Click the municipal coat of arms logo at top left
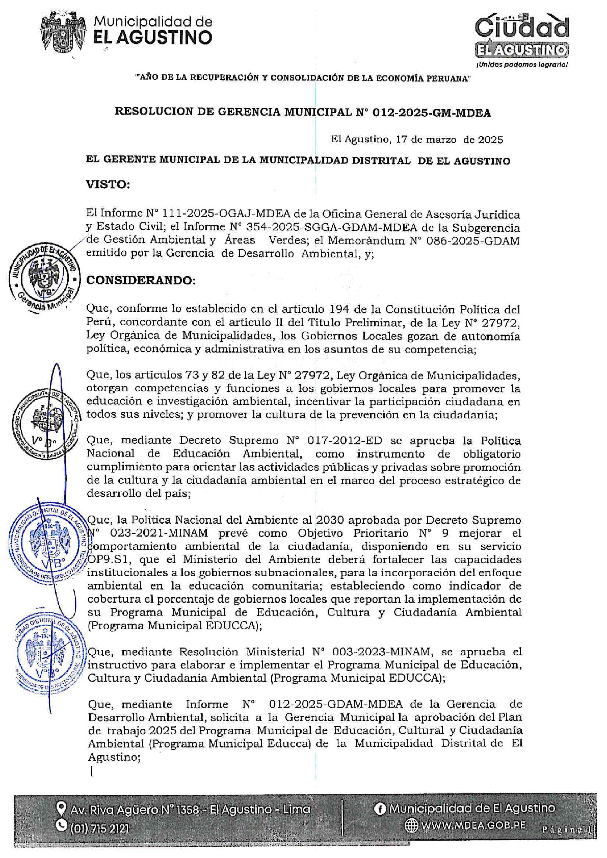62,32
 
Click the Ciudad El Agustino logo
521,36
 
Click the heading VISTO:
108,184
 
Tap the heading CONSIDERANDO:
141,280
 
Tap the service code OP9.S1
107,559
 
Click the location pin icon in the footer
62,809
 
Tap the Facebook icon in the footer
380,809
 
